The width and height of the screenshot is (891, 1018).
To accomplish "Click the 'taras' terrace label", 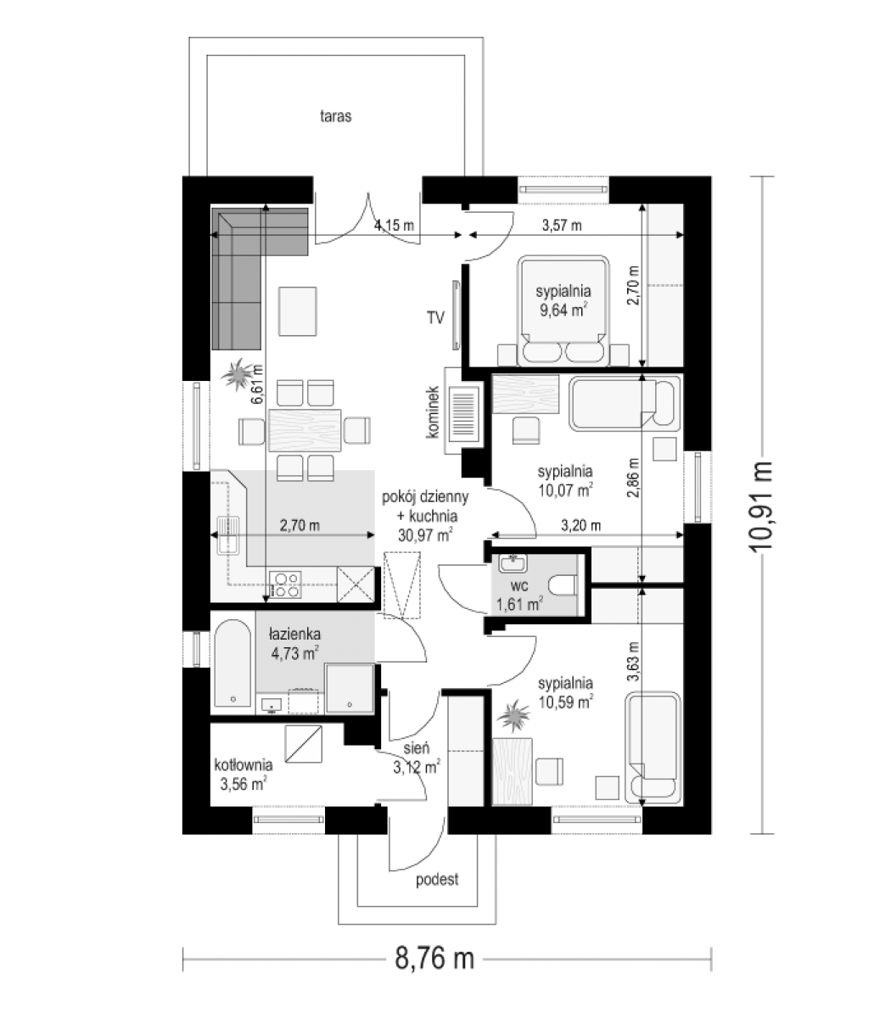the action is [x=335, y=116].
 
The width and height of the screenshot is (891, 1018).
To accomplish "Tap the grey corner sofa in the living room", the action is [x=236, y=259].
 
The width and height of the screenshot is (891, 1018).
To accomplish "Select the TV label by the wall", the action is [x=435, y=317].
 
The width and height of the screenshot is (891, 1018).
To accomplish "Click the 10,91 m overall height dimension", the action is [x=760, y=506].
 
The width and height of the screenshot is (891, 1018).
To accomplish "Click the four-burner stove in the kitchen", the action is [x=285, y=585].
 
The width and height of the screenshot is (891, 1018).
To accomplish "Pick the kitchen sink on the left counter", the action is [x=228, y=534].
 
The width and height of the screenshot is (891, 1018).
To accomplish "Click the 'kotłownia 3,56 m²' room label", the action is [x=244, y=775].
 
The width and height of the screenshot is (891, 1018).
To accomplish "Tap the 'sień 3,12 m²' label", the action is [x=417, y=758].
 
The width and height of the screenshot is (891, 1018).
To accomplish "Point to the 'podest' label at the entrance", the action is [x=437, y=880].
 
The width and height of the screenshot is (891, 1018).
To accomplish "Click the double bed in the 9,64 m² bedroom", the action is [x=563, y=310].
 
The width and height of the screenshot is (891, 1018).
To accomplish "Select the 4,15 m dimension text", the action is [x=394, y=226].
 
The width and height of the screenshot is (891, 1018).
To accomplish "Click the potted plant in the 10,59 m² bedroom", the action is [x=514, y=717].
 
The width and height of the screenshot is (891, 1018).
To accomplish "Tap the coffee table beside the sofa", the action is [x=298, y=311].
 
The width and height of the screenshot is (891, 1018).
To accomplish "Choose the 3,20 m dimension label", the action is [x=581, y=525].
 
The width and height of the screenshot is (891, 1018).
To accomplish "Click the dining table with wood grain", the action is [x=305, y=430].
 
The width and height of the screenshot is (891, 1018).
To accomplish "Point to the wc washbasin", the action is [x=513, y=564].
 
